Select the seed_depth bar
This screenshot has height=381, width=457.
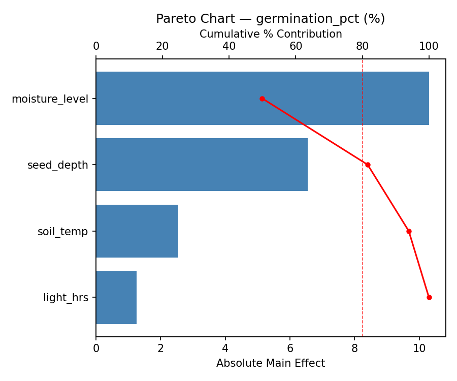202,165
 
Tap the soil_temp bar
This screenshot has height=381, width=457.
137,231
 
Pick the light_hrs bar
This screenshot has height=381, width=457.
116,297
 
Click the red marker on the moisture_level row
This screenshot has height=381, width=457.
262,99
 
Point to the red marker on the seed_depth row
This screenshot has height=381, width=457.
368,165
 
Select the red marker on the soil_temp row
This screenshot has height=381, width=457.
409,231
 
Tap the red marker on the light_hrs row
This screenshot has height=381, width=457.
429,297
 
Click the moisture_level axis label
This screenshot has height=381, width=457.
50,99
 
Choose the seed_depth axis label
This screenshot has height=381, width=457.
57,165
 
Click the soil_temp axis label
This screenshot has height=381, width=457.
62,232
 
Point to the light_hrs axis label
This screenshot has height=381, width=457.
66,298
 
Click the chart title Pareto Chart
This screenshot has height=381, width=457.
270,19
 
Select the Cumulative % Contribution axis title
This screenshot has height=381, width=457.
270,34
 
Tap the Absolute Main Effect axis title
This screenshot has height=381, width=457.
270,363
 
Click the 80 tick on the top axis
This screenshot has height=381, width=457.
363,47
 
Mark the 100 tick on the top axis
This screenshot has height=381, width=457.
429,47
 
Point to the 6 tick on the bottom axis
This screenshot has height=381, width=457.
290,348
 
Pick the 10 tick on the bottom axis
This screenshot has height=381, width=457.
419,348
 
